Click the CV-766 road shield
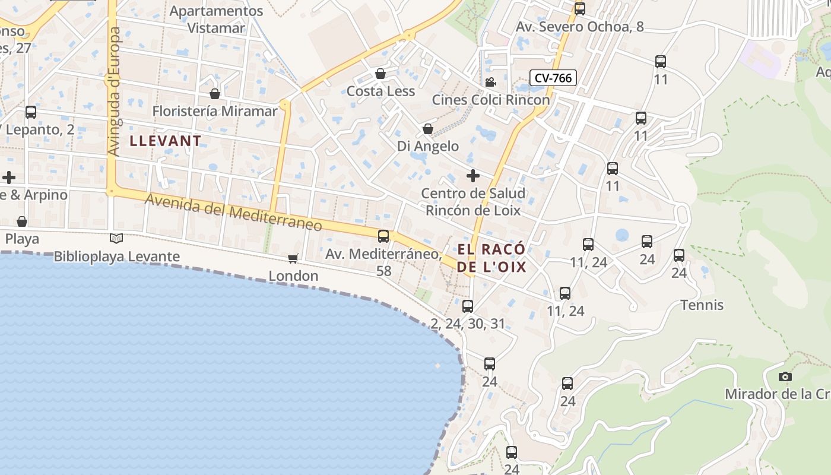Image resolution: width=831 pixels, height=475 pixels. [553, 78]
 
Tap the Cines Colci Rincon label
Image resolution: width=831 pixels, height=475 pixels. [490, 100]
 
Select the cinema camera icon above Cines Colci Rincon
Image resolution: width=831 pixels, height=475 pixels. [490, 82]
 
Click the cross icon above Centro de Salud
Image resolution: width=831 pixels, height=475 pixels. [473, 176]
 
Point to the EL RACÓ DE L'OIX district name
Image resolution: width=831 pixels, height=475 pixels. [491, 258]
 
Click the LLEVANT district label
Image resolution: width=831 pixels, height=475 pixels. [166, 141]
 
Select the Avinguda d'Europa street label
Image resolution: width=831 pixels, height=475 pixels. [114, 91]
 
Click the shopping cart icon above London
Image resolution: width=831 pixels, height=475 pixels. [293, 258]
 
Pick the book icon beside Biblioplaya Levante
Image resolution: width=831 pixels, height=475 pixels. [116, 239]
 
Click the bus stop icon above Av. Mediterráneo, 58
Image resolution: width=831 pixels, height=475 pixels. [383, 236]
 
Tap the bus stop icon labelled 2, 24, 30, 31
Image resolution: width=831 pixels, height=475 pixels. [468, 306]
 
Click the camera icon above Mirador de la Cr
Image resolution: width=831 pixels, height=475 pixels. [785, 376]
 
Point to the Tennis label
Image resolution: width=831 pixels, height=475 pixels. [702, 305]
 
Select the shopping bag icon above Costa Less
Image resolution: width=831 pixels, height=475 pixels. [380, 74]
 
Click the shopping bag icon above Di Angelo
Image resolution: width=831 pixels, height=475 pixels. [427, 129]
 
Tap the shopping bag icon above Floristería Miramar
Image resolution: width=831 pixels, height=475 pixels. [215, 94]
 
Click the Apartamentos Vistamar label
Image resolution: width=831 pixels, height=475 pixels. [216, 19]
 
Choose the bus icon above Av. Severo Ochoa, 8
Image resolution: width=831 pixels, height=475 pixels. [580, 9]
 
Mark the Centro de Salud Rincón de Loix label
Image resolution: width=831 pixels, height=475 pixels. [473, 202]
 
